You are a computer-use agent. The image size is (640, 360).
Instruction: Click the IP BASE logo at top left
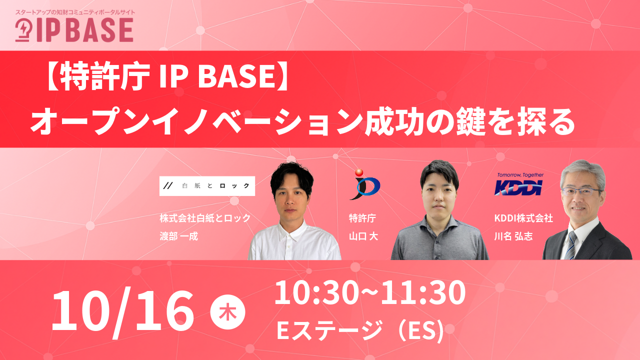tap(74, 30)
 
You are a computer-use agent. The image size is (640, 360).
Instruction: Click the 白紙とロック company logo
tap(207, 185)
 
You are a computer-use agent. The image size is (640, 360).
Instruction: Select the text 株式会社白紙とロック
tap(205, 218)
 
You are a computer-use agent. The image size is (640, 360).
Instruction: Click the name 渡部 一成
tap(179, 236)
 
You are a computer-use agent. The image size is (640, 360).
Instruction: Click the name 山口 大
tap(363, 236)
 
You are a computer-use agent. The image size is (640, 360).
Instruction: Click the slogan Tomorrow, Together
tap(519, 175)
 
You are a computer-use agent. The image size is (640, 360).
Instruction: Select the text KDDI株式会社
tap(522, 218)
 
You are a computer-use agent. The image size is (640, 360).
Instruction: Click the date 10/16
tap(122, 310)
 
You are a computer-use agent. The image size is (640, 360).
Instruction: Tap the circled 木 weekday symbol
tap(227, 312)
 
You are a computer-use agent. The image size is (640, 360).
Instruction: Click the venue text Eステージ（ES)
tap(359, 330)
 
